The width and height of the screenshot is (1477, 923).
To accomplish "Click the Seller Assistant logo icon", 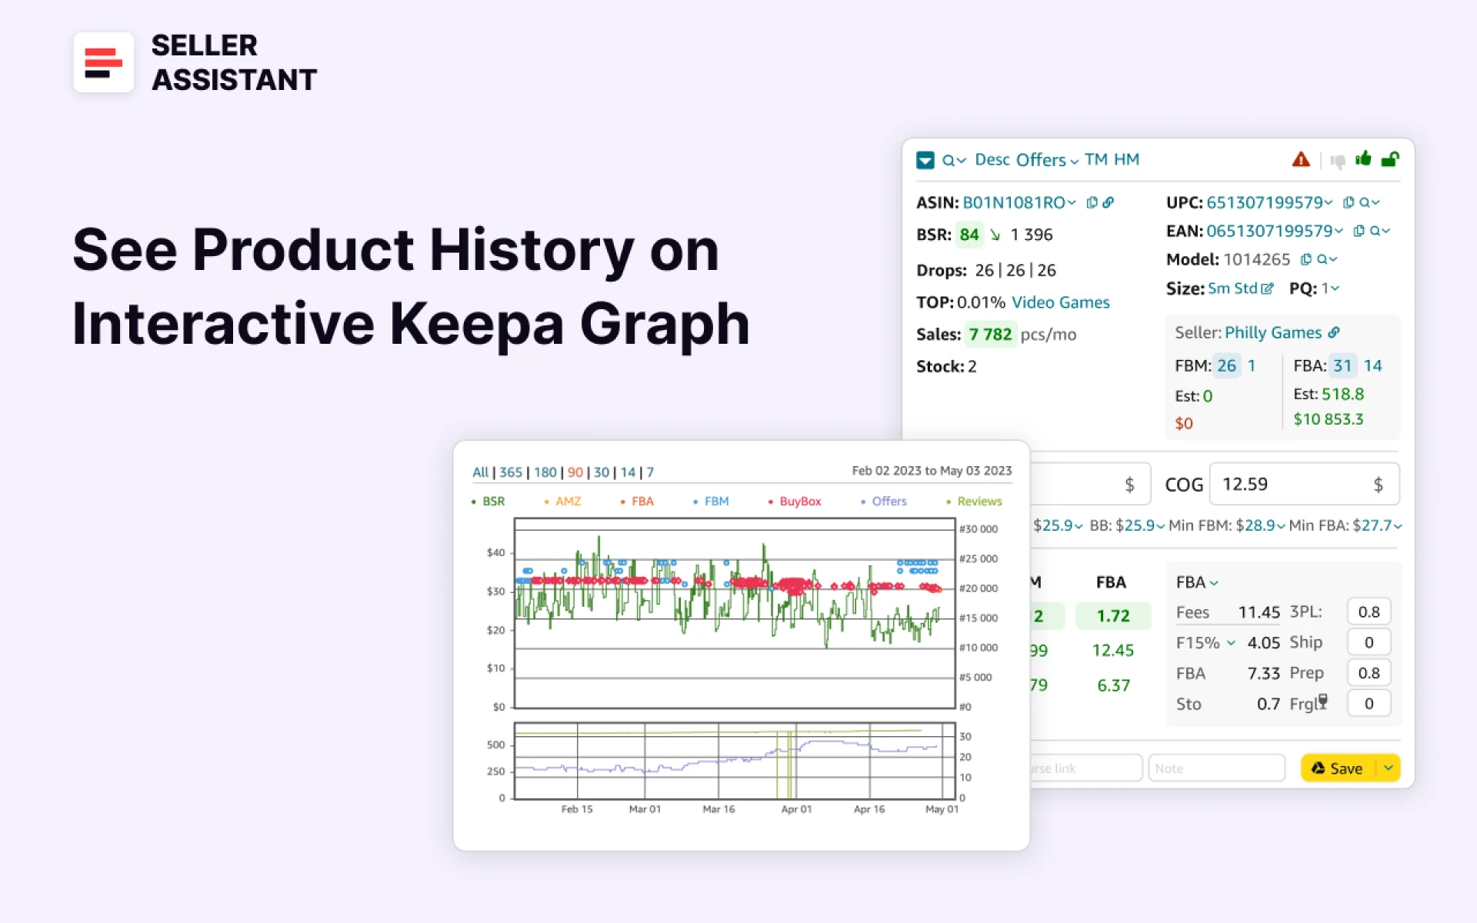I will [x=104, y=62].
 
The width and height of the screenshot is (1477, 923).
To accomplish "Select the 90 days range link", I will [x=575, y=472].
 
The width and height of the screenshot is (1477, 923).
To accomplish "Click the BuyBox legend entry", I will [x=799, y=501].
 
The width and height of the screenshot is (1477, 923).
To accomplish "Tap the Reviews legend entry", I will [x=979, y=501].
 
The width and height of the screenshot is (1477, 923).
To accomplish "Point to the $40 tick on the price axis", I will [x=495, y=552].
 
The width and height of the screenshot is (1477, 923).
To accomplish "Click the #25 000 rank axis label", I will [x=979, y=559].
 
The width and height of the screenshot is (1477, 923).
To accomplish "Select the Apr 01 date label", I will [x=796, y=809].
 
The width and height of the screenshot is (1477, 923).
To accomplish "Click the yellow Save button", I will [x=1338, y=768].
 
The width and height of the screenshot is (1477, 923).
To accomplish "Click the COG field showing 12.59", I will [x=1292, y=485].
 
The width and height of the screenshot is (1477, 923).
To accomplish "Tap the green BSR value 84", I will [x=969, y=235].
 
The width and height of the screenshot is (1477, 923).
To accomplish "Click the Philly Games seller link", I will [x=1272, y=333].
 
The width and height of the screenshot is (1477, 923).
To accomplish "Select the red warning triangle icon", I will [x=1300, y=160].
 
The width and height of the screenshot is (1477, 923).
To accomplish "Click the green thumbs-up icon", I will [x=1363, y=159].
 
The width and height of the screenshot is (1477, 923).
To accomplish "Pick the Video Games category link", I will [x=1060, y=302].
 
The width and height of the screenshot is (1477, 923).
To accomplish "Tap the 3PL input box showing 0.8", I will [x=1368, y=612].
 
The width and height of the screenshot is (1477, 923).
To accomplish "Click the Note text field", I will [x=1215, y=768].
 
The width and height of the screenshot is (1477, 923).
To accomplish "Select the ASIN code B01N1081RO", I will [x=1013, y=203].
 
